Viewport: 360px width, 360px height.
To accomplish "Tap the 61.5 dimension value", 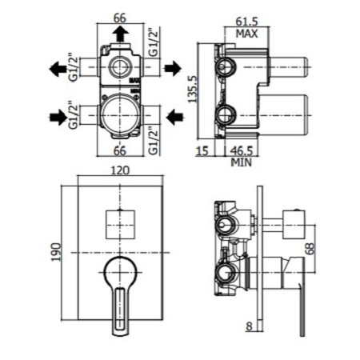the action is pos(246,22).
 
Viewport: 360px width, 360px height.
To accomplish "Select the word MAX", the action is pos(246,34).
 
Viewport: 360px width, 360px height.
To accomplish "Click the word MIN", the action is pos(242,162).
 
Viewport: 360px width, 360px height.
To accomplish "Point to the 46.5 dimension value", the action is pos(242,151).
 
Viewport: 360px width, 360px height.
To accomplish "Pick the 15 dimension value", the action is pos(202,151).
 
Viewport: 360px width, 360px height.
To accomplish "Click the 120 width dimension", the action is pos(120,170).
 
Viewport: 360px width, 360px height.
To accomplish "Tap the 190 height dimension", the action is pos(56,252).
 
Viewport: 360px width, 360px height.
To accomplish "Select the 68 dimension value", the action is pos(310,249).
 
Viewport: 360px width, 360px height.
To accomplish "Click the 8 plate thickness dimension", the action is pos(249,326).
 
